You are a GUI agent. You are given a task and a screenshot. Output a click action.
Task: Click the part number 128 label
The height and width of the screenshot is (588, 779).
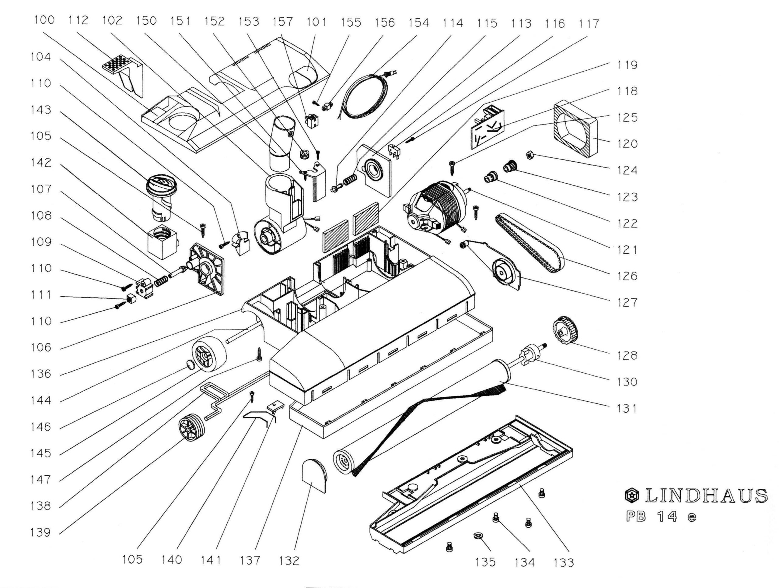tap(627, 355)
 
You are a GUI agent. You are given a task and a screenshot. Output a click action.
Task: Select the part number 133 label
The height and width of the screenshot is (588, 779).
tap(564, 563)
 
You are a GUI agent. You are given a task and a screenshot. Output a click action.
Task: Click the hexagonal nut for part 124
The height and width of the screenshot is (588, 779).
tap(529, 155)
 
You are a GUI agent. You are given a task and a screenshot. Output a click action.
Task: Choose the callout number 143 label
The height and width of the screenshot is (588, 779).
tap(41, 110)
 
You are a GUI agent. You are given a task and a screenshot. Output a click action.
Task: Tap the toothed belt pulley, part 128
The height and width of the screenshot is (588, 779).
tap(566, 330)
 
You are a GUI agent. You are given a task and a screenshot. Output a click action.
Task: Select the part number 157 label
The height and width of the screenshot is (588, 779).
tap(282, 22)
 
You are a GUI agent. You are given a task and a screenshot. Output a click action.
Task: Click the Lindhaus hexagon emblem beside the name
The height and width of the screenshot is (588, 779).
tap(632, 496)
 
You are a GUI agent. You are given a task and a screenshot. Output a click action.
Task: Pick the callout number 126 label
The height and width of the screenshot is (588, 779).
tap(627, 276)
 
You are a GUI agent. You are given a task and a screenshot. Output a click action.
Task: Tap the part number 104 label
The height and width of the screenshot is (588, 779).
tap(41, 56)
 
